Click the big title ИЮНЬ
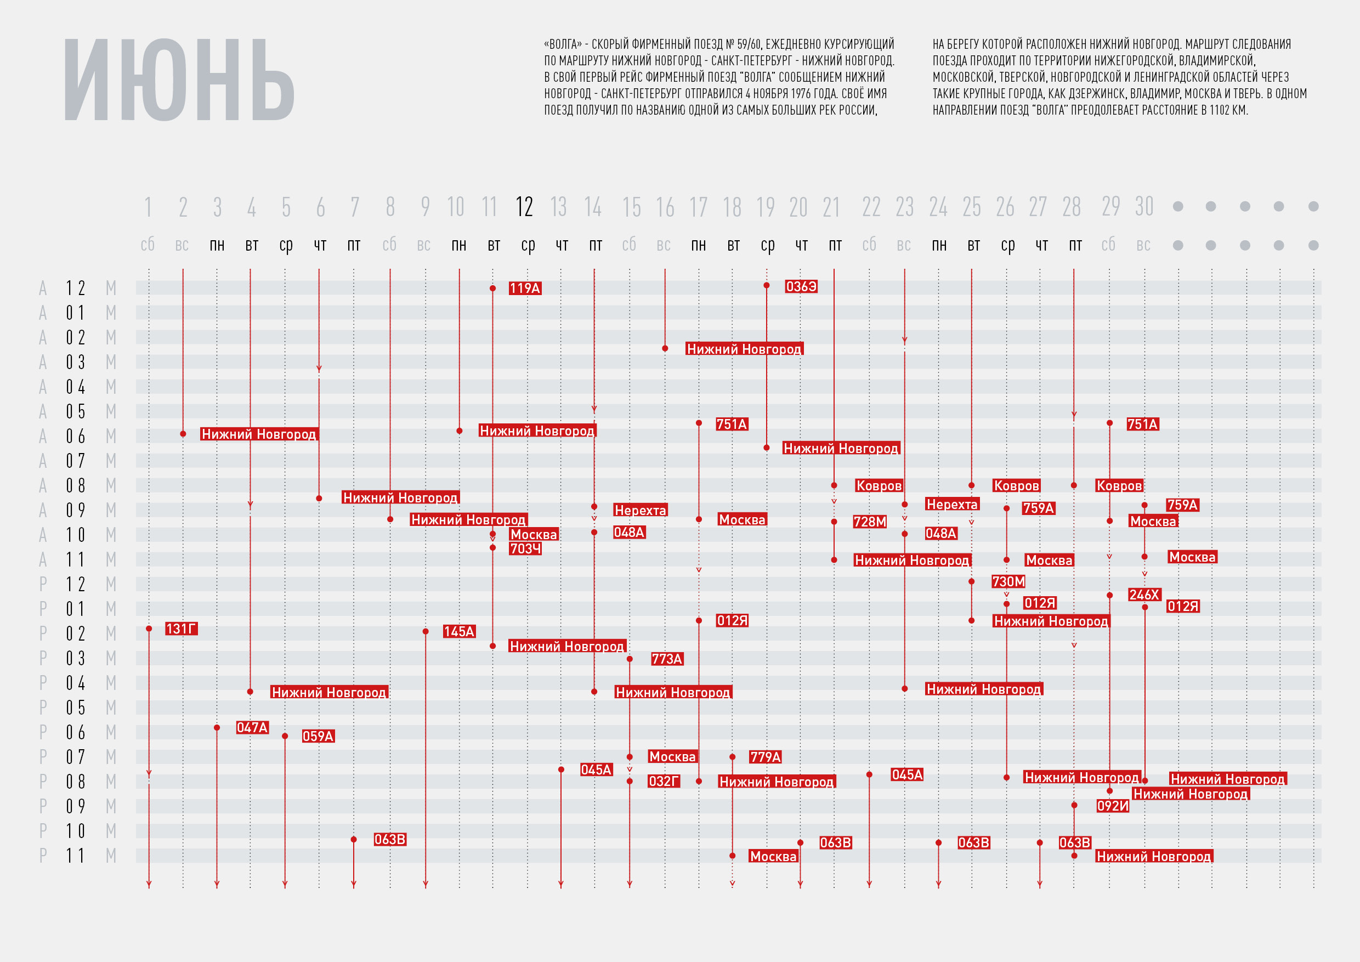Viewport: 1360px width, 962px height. pyautogui.click(x=179, y=80)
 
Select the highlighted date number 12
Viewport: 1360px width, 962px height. pyautogui.click(x=524, y=207)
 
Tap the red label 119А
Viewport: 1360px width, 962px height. pyautogui.click(x=525, y=288)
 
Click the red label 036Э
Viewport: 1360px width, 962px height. pyautogui.click(x=801, y=287)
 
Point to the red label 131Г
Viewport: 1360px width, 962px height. pyautogui.click(x=180, y=629)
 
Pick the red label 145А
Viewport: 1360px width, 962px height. pyautogui.click(x=458, y=631)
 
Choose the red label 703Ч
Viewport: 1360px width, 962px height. pyautogui.click(x=525, y=548)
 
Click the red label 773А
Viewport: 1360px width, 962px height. pyautogui.click(x=667, y=659)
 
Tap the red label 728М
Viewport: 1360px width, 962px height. pyautogui.click(x=870, y=522)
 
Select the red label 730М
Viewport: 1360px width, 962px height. pyautogui.click(x=1008, y=582)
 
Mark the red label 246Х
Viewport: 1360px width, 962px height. pyautogui.click(x=1144, y=595)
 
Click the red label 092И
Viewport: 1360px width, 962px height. pyautogui.click(x=1113, y=806)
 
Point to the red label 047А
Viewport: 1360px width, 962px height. pyautogui.click(x=252, y=727)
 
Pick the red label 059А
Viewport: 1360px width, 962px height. pyautogui.click(x=318, y=737)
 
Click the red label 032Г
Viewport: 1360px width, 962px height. pyautogui.click(x=664, y=782)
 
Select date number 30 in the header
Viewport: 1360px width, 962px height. pyautogui.click(x=1144, y=207)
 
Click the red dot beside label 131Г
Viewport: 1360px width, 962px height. pyautogui.click(x=149, y=629)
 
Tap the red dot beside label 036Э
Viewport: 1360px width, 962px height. pyautogui.click(x=767, y=286)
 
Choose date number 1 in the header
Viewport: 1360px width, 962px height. pyautogui.click(x=148, y=207)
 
